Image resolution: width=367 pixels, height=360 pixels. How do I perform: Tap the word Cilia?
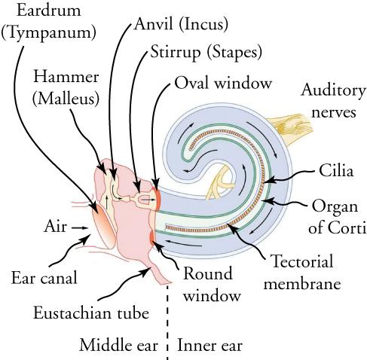336,172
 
